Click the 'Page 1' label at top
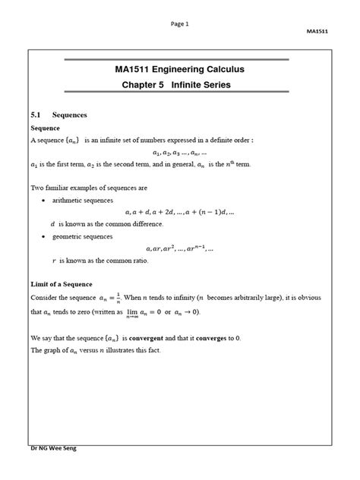(x=180, y=24)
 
